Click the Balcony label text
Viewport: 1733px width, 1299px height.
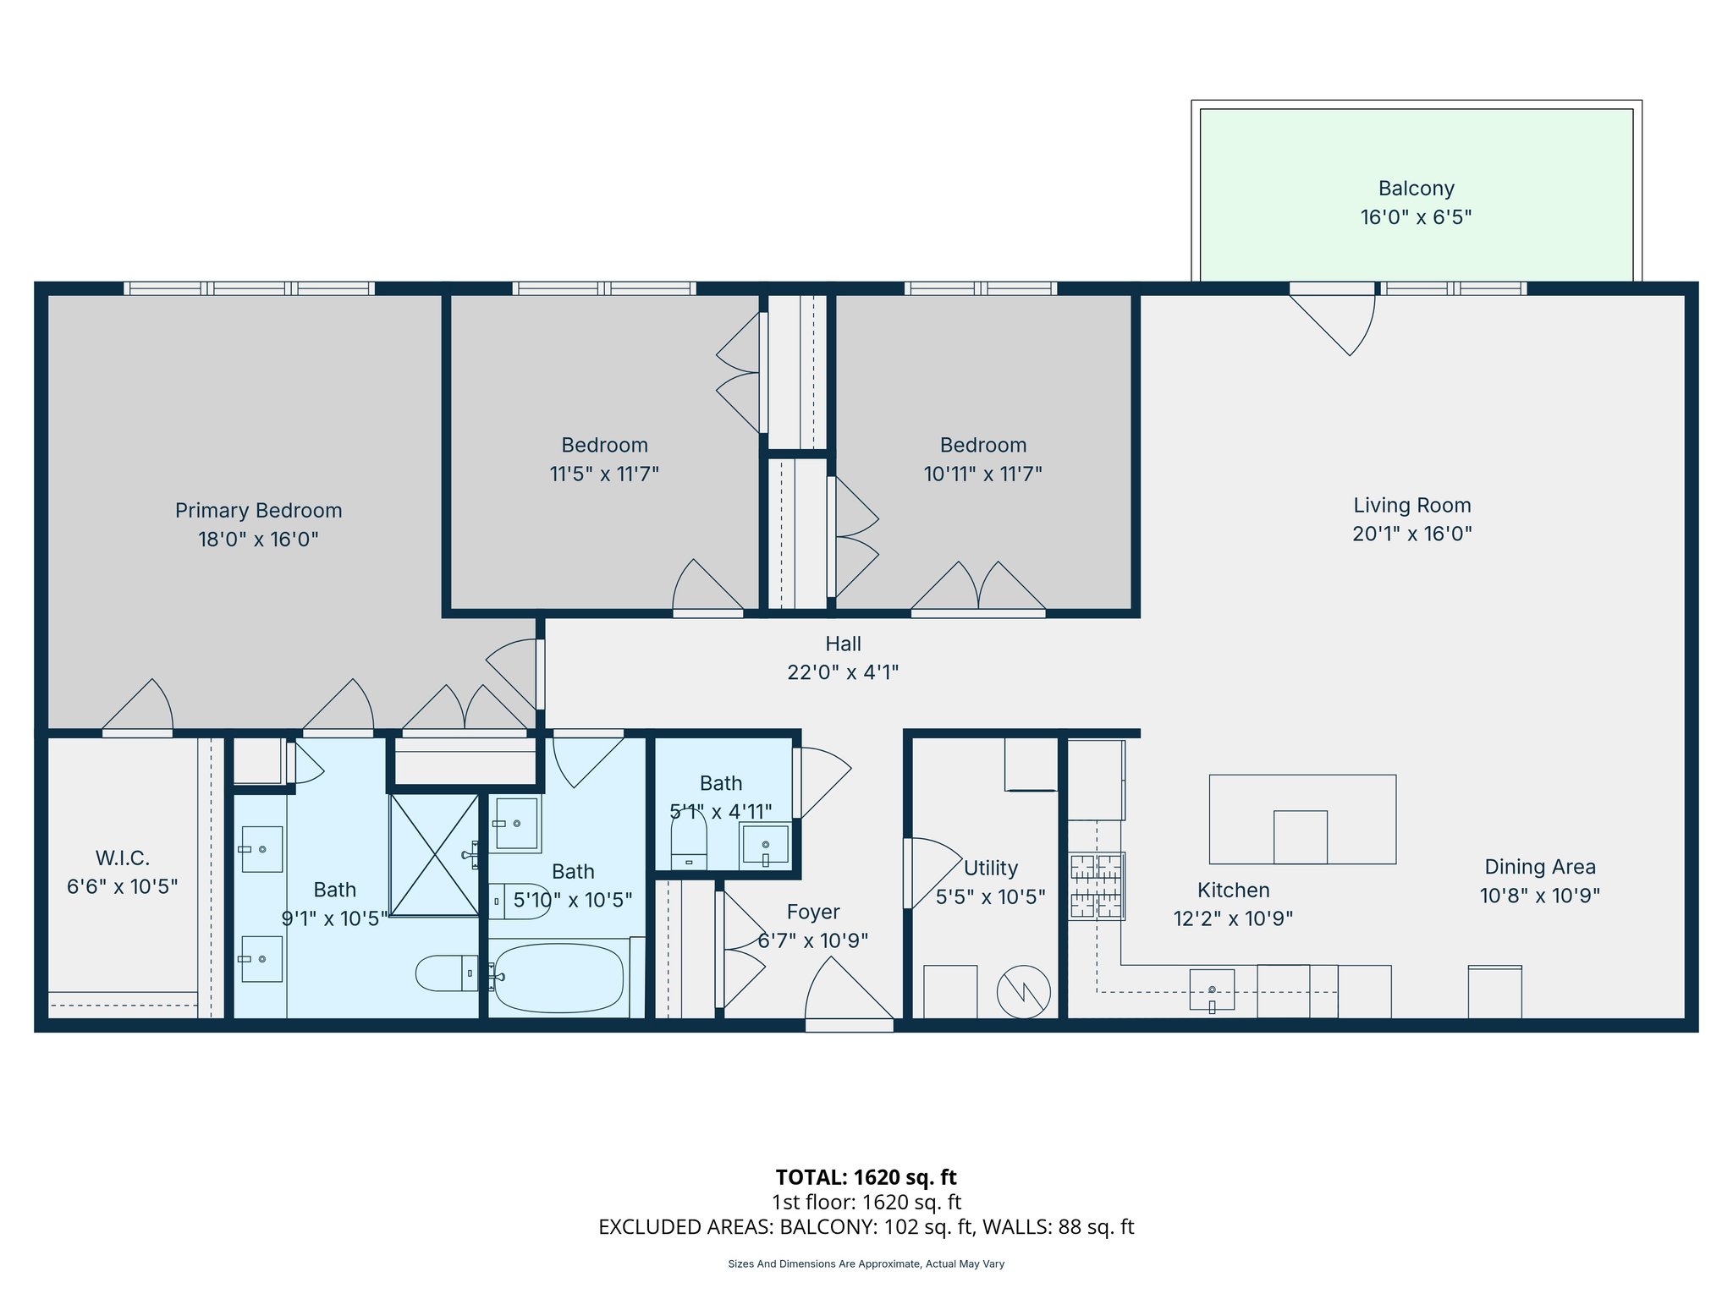1416,189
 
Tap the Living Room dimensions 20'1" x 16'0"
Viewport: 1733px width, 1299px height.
1411,534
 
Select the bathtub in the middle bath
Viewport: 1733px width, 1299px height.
558,978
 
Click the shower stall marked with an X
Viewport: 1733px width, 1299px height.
434,854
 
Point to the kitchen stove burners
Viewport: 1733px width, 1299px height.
1096,886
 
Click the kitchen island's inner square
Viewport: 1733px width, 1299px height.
1300,836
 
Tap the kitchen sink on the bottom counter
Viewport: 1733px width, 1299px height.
1212,989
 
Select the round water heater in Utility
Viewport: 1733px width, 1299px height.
1023,991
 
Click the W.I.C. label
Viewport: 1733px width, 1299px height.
123,858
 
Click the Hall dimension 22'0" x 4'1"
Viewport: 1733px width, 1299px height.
843,672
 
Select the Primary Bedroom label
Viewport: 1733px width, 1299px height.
258,511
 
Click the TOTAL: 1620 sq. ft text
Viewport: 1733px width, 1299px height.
866,1177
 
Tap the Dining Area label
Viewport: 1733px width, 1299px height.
1539,867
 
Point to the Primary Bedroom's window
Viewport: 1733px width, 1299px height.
250,288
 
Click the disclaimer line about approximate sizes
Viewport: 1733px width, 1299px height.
866,1264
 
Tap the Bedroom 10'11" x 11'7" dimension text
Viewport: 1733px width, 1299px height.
982,474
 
